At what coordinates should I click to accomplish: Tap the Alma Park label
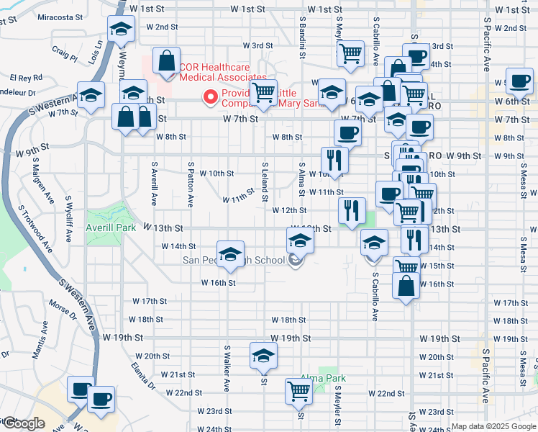(324, 378)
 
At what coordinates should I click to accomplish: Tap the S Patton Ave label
(190, 184)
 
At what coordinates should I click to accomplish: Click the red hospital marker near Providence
(211, 96)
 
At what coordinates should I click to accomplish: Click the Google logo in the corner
(23, 423)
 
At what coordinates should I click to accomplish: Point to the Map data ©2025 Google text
(493, 426)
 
